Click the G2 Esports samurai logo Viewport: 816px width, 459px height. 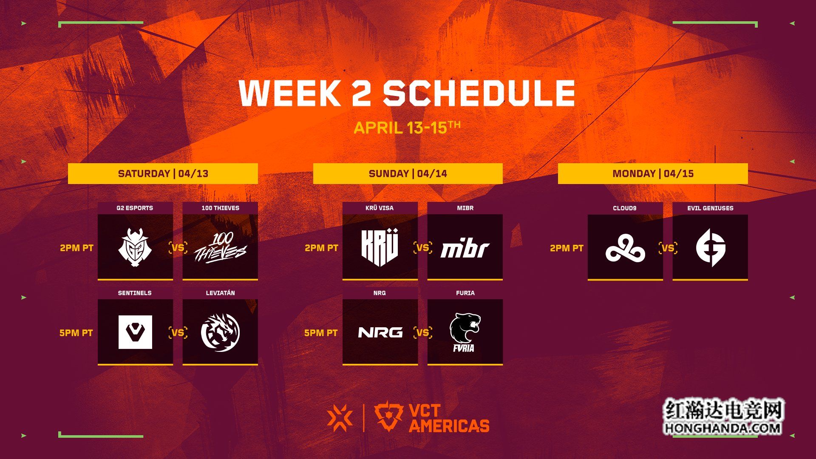(x=135, y=247)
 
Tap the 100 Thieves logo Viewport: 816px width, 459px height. (x=220, y=248)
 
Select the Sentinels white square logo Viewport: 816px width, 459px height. (x=135, y=332)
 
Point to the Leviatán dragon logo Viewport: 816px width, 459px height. (x=220, y=332)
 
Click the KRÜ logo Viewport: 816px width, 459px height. (x=380, y=247)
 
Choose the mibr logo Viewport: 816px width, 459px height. (x=465, y=249)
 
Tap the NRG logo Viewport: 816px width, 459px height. (x=380, y=332)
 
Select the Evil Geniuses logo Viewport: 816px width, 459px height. (x=711, y=248)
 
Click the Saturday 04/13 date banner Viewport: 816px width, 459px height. (x=163, y=173)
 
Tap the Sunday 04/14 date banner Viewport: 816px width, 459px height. (x=408, y=173)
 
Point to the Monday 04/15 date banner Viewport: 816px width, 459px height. (x=653, y=173)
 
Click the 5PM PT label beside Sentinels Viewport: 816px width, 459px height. (x=76, y=333)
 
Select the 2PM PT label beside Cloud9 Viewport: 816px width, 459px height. (x=567, y=248)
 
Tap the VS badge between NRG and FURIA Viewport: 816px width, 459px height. (x=422, y=332)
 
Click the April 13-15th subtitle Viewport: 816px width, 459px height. (x=407, y=127)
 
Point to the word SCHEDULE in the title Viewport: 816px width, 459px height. (x=479, y=93)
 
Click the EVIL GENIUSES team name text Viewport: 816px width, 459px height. (x=710, y=208)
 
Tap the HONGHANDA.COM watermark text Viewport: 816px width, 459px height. (x=722, y=428)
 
